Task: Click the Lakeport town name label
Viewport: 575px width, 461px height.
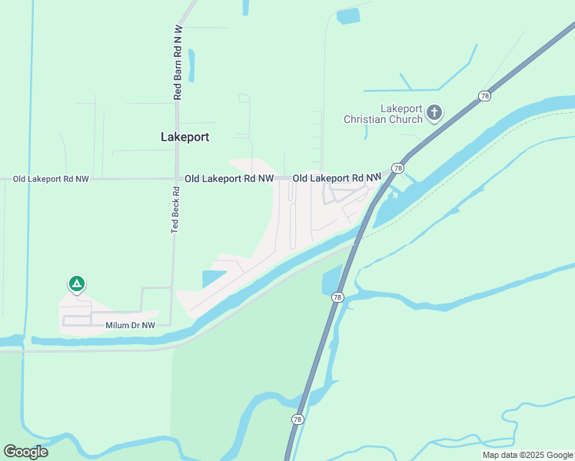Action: tap(184, 137)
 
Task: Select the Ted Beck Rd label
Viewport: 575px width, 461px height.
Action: tap(174, 210)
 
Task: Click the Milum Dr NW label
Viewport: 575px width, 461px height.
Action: tap(130, 326)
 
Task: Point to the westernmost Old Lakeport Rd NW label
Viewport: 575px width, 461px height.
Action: tap(51, 179)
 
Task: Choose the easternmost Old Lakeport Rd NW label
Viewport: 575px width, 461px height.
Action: tap(337, 178)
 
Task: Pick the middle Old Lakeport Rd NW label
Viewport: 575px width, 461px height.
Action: tap(229, 178)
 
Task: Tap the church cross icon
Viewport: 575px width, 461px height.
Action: tap(434, 114)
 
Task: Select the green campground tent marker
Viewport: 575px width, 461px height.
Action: tap(76, 284)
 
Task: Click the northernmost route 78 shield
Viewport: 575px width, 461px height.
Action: tap(484, 96)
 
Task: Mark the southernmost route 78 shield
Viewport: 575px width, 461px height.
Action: tap(297, 419)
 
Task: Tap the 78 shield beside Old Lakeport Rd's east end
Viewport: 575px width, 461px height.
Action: tap(397, 167)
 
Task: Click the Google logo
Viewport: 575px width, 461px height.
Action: tap(25, 452)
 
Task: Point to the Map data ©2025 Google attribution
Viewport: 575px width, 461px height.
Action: tap(527, 455)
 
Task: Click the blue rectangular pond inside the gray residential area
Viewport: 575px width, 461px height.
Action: tap(214, 280)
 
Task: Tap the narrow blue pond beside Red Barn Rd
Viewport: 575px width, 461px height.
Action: tap(191, 65)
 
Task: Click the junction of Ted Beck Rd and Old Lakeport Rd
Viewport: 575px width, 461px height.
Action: tap(176, 178)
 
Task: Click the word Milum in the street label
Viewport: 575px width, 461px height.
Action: tap(118, 326)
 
